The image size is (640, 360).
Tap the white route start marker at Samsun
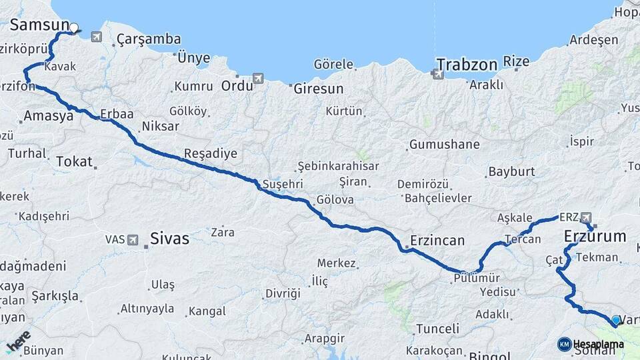pos(74,28)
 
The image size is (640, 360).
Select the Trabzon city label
pos(467,65)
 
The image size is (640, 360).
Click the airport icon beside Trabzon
pos(439,74)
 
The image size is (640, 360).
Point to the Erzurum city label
pos(595,236)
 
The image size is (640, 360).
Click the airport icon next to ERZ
pos(585,217)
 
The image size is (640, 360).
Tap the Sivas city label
pos(169,238)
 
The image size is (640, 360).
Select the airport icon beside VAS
pos(133,239)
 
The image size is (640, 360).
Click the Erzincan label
pos(437,241)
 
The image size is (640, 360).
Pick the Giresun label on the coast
pos(319,88)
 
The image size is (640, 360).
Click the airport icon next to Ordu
pos(259,79)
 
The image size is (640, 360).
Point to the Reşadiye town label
pos(211,153)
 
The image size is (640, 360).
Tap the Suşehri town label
pos(283,183)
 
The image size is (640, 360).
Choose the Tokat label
pos(74,161)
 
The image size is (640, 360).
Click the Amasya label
pos(48,116)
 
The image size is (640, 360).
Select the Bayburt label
pos(511,171)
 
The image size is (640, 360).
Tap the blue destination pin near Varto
pos(614,321)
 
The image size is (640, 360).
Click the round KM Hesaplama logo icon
pos(564,344)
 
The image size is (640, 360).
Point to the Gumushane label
pos(444,144)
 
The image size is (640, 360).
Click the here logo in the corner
pos(18,340)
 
